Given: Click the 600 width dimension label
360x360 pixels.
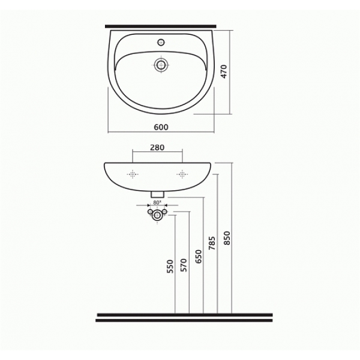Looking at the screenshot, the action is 161,127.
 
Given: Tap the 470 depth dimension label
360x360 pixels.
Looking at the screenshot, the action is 224,71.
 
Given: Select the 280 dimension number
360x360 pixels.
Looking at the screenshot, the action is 157,148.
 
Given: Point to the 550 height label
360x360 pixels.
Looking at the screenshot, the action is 170,266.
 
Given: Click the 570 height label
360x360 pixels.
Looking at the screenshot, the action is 184,265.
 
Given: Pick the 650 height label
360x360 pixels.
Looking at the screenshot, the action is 198,257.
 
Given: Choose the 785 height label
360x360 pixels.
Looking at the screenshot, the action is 212,243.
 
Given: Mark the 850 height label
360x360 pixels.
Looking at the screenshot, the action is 227,238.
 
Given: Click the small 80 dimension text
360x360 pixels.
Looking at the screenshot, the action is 157,203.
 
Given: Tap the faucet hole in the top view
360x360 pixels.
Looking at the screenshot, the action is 161,42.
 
